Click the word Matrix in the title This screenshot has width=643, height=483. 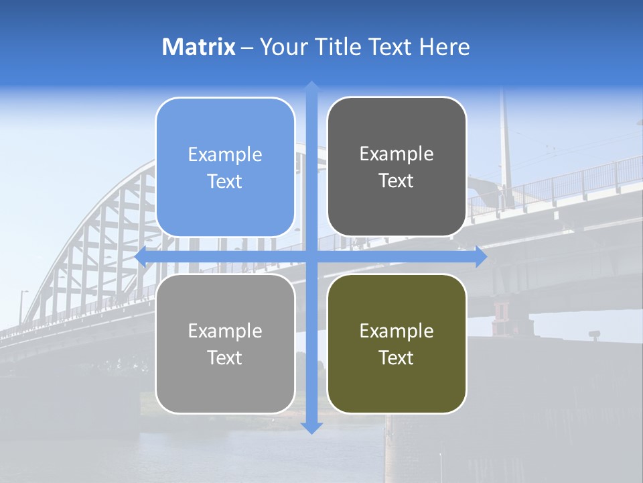(199, 47)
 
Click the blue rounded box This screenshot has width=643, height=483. (225, 167)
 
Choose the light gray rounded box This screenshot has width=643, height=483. (225, 343)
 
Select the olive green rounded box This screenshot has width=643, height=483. (397, 343)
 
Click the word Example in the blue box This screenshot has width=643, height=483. (225, 154)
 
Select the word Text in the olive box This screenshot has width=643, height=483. (397, 358)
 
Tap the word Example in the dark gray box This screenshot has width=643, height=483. (397, 154)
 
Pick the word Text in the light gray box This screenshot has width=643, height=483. (225, 358)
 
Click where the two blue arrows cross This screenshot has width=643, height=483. (311, 257)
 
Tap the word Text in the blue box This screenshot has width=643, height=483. (225, 181)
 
